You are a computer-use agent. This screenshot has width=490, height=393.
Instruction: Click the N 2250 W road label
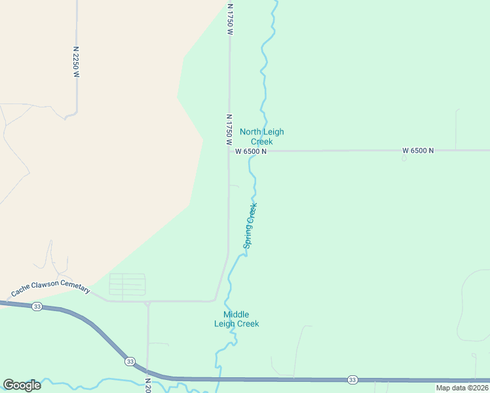coord(76,62)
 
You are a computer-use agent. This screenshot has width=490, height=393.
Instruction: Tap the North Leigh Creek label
coord(261,136)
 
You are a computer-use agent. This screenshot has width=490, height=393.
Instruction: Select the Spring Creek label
coord(250,225)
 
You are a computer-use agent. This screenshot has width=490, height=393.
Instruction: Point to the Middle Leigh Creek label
coord(236,319)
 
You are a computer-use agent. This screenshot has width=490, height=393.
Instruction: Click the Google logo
coord(22,385)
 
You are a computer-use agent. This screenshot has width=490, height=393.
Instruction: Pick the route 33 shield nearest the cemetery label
coord(37,307)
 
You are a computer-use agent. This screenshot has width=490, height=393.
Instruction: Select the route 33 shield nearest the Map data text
coord(353,380)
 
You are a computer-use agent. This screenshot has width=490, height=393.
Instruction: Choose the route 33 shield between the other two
coord(130,361)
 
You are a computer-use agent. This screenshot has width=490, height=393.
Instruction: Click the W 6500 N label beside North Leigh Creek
coord(251,151)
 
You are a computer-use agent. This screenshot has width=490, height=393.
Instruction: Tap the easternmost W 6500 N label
coord(418,151)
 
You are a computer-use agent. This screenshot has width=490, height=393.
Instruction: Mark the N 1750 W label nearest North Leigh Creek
coord(229,129)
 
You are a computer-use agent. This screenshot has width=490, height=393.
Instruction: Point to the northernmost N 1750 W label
coord(230,18)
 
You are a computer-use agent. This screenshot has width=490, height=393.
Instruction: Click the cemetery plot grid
coord(127,284)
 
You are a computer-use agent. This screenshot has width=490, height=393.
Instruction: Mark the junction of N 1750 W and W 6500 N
coord(229,151)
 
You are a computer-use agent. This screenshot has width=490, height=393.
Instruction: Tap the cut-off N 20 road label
coord(148,384)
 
